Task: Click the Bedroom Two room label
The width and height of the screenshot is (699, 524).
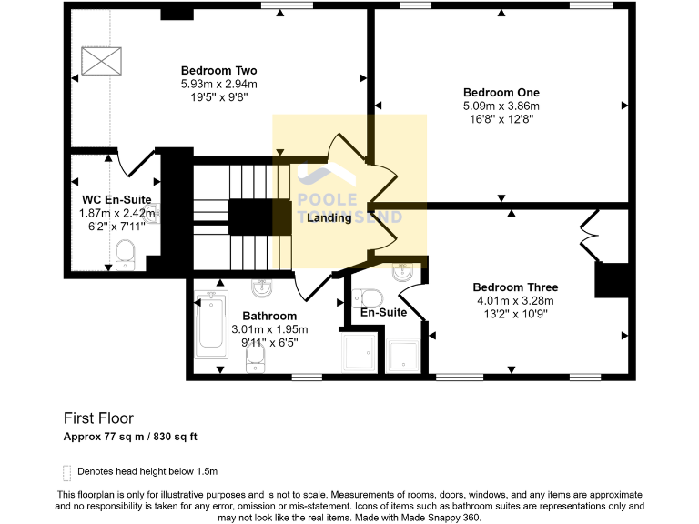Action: coord(218,71)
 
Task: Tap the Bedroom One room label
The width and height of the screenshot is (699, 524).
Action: coord(501,93)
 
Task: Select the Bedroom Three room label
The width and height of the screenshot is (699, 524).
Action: coord(516,287)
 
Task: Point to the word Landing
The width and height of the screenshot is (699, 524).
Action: coord(329,218)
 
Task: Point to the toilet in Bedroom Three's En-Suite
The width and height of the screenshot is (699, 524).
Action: coord(369,297)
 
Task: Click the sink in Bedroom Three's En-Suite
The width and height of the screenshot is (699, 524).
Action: coord(403,272)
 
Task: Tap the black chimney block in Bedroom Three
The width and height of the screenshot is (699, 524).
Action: coord(612,280)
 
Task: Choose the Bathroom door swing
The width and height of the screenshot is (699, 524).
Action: coord(311,286)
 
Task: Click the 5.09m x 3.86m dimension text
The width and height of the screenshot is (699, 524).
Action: coord(501,106)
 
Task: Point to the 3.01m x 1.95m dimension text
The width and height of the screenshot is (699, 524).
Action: coord(275,330)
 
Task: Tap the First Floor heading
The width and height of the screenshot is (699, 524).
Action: coord(98,418)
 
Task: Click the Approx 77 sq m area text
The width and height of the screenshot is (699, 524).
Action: coord(130,437)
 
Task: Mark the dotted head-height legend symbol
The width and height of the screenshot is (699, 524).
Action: coord(66,472)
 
